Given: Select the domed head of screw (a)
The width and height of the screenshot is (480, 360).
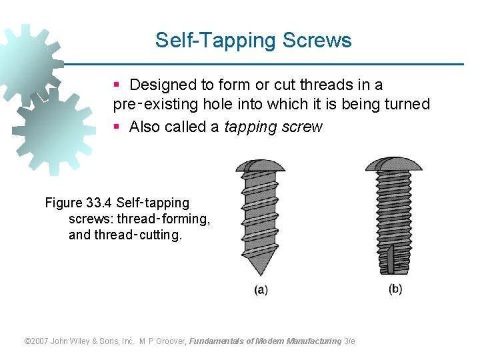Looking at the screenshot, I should [x=260, y=164].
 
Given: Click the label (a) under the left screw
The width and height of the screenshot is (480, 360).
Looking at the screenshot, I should [x=261, y=290].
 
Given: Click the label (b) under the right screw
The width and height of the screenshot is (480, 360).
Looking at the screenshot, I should [x=395, y=289].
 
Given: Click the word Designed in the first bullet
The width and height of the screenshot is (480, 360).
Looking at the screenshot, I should [x=162, y=85].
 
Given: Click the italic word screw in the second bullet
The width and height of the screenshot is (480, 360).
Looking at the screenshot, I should [x=303, y=127].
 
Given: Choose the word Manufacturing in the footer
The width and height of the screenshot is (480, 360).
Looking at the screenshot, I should [x=313, y=341].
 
